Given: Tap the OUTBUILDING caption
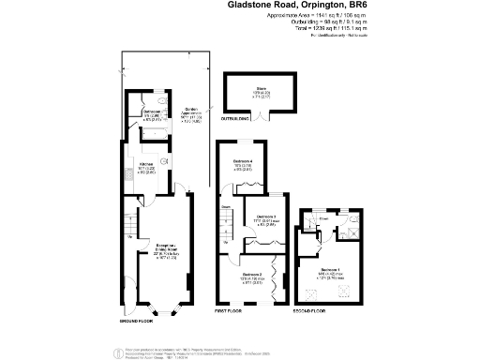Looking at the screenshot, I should [234, 119].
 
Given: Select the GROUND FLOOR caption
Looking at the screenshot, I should [135, 321].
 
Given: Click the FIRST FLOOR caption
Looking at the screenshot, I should [231, 308].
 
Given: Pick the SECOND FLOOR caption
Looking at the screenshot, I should [313, 308].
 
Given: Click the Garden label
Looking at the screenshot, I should [190, 109].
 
